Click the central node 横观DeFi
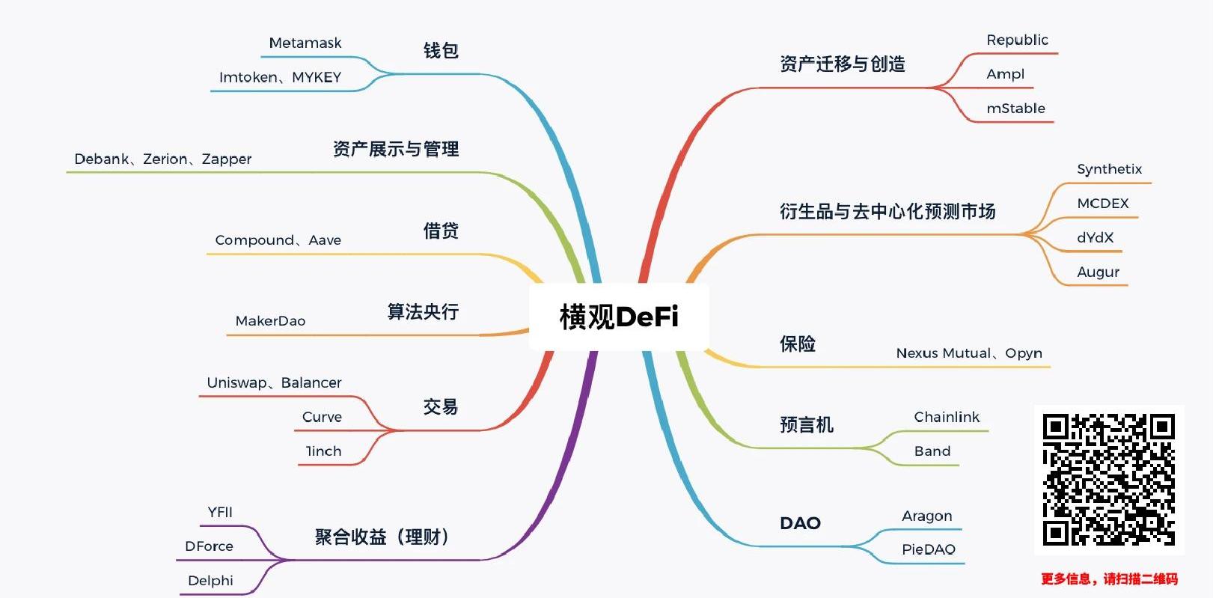(619, 317)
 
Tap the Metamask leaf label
(305, 43)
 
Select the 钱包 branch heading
(441, 51)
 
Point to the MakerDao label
(270, 321)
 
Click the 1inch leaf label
(323, 451)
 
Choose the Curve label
(322, 417)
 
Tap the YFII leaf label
(220, 512)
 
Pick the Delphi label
(210, 581)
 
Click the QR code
(1109, 480)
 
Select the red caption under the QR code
(1109, 579)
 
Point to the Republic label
(1017, 40)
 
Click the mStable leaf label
(1015, 109)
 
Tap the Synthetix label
(1109, 169)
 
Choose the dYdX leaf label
(1095, 238)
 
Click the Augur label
(1098, 272)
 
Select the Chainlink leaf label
(947, 417)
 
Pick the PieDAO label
(928, 549)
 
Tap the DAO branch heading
(800, 523)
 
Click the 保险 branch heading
(798, 344)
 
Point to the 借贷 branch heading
(441, 231)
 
